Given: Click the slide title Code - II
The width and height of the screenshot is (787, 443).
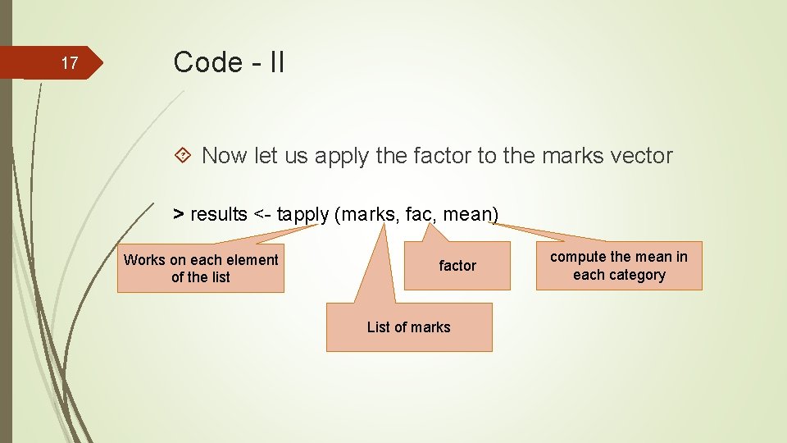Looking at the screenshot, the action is tap(229, 62).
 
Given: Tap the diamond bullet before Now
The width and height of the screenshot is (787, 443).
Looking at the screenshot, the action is tap(185, 155).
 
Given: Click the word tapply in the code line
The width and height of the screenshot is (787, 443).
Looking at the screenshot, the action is tap(303, 215).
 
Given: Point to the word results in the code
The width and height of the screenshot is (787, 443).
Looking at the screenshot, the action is tap(219, 215).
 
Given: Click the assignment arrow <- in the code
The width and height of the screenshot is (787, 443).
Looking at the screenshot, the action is tap(262, 215).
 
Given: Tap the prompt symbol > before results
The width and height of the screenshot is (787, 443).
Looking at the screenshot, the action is tap(178, 215).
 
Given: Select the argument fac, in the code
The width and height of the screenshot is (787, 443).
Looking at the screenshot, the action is tap(422, 215).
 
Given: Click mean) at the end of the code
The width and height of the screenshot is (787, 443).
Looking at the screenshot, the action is tap(472, 215).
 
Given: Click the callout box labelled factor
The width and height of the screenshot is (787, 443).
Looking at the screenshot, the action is tap(457, 266).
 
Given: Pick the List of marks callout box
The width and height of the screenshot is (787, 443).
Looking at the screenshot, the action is tap(409, 327).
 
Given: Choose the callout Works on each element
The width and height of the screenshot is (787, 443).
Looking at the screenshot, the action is tap(201, 268).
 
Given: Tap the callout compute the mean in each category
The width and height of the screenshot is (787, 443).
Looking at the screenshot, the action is tap(619, 266).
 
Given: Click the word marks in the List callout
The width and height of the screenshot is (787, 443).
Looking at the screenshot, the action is tap(431, 327).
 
